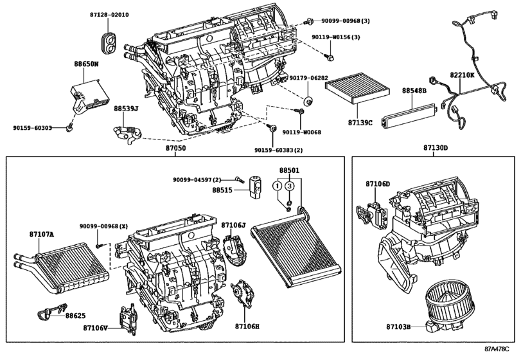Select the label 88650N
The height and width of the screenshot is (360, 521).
(x=86, y=64)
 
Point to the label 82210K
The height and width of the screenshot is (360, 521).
(x=462, y=75)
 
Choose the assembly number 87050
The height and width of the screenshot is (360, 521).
(x=175, y=148)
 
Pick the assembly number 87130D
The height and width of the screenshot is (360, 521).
(x=435, y=148)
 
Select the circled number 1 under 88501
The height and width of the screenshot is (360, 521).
(x=278, y=186)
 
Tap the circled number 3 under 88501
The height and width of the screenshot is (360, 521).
(x=290, y=186)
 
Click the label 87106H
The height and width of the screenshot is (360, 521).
(x=247, y=327)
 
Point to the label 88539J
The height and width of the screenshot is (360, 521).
(x=126, y=109)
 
